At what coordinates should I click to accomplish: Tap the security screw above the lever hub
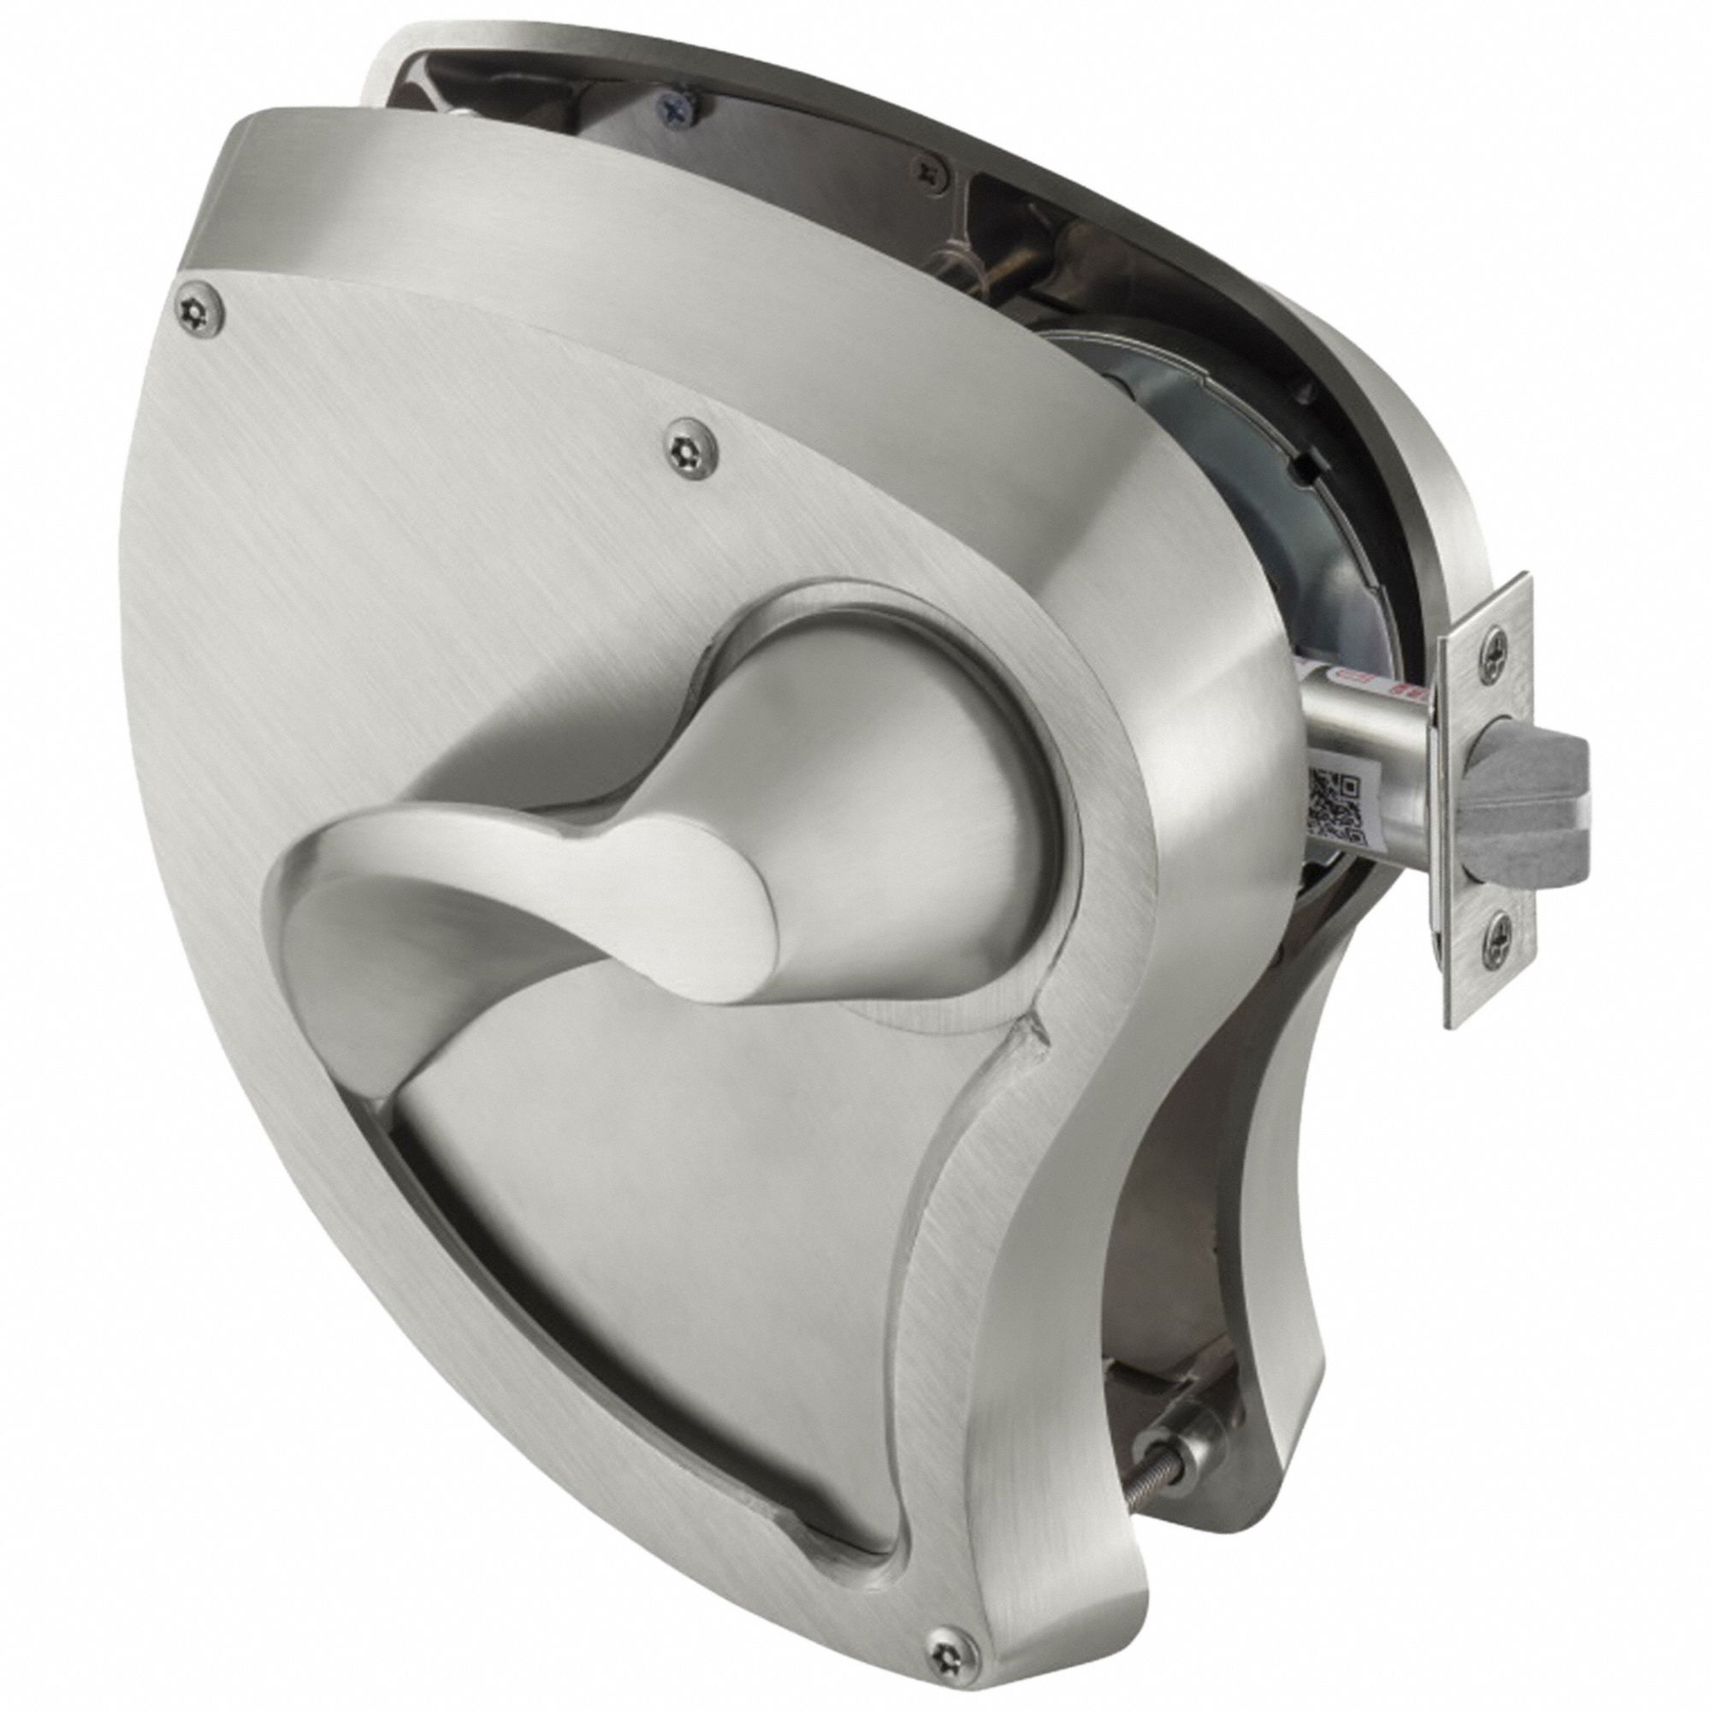(691, 443)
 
